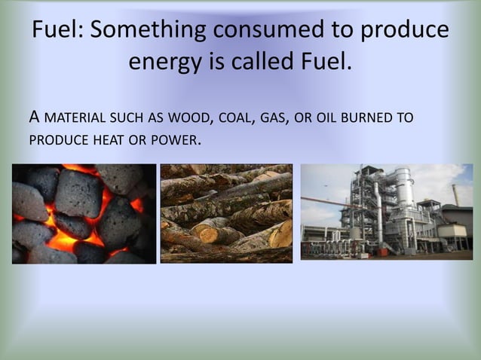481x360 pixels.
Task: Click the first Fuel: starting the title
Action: (57, 30)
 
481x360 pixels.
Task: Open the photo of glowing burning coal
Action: (84, 214)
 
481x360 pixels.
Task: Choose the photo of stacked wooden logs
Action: (226, 214)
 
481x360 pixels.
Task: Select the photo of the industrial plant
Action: (386, 212)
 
